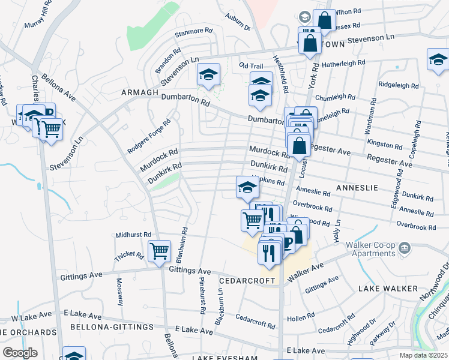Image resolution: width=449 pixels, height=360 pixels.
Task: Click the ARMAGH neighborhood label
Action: coord(139,92)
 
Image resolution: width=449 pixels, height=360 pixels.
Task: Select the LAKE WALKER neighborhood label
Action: coord(388,289)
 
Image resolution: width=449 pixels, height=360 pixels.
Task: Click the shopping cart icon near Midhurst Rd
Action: coord(159,250)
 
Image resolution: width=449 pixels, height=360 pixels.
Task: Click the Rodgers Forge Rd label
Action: coord(149,136)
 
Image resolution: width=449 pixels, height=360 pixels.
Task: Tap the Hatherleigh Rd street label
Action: coord(343,62)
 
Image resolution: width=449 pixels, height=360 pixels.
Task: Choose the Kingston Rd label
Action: coord(385,145)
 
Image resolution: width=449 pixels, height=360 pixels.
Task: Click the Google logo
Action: coord(20,353)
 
